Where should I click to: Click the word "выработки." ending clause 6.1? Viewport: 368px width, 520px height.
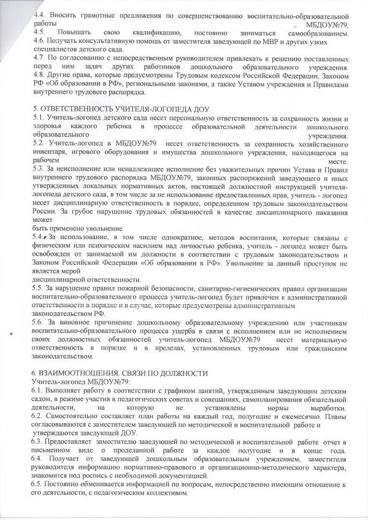click(329, 408)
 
